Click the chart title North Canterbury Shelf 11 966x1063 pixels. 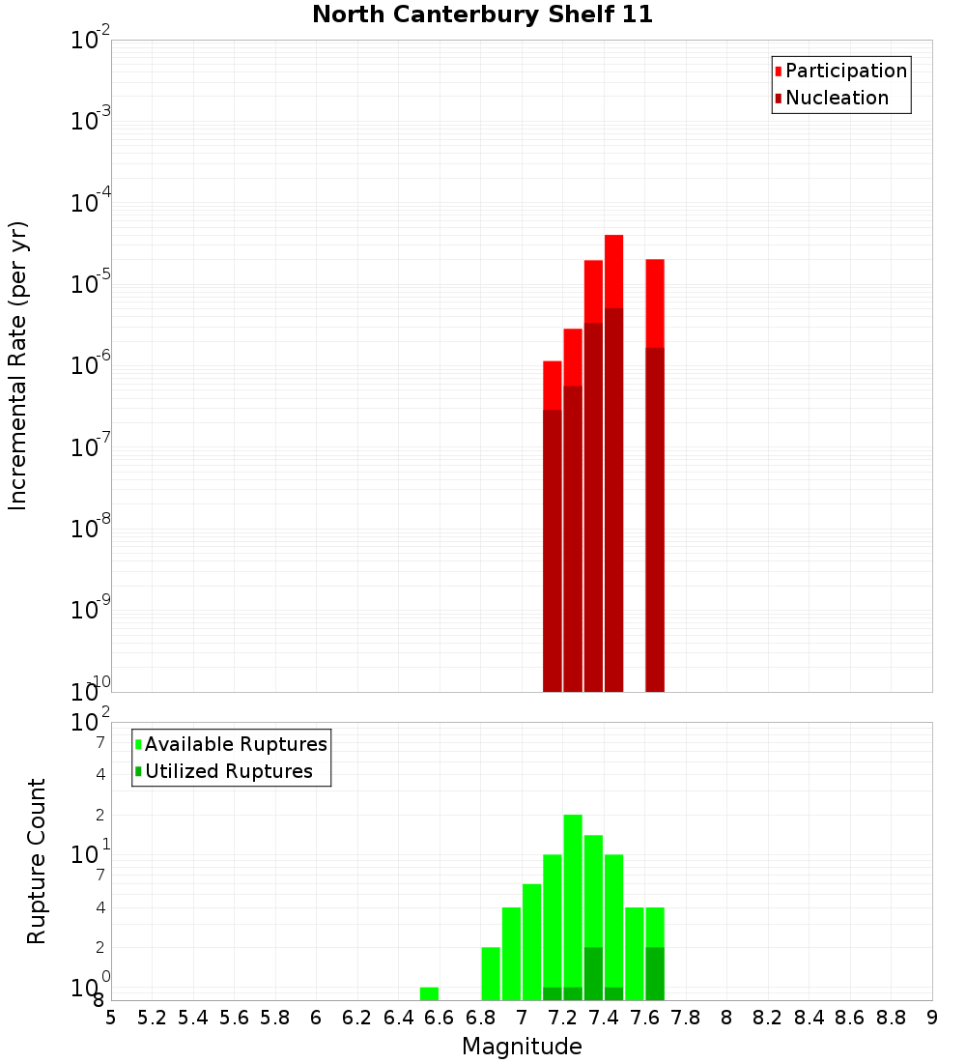(x=482, y=14)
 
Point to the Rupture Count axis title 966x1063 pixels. (x=37, y=860)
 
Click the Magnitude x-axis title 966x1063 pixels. (x=522, y=1047)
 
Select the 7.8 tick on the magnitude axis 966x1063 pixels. (x=686, y=1018)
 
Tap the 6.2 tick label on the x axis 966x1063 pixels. (x=356, y=1018)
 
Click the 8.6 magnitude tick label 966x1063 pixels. (x=850, y=1018)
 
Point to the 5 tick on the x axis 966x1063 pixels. (x=111, y=1018)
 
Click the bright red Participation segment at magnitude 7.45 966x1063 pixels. (x=614, y=271)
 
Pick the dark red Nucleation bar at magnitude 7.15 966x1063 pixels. (x=553, y=551)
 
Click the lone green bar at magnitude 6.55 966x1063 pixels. (x=429, y=993)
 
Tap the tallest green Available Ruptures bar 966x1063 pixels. (x=573, y=899)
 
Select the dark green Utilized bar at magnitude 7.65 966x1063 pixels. (x=655, y=974)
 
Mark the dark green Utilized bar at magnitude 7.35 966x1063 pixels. (x=593, y=974)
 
